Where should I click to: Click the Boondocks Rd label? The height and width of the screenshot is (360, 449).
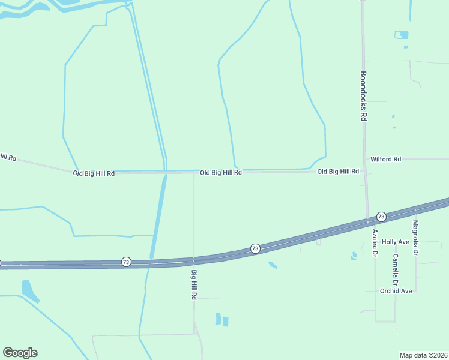pos(363,97)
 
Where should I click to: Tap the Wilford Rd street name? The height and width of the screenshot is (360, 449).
pos(385,159)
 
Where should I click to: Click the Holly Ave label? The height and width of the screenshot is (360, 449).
pos(395,242)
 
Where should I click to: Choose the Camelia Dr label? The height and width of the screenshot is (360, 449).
pos(396,269)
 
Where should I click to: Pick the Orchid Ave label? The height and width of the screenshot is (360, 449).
pos(396,291)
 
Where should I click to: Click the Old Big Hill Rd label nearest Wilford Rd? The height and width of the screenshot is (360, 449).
pos(338,172)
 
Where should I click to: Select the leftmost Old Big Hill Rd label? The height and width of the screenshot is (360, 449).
pos(94,173)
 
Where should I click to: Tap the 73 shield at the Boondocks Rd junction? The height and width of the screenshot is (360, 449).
pos(381,216)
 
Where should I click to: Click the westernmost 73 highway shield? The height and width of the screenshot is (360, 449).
pos(126,262)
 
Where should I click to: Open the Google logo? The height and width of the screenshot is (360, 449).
pos(20,353)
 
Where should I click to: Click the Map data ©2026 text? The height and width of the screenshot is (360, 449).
pos(424,355)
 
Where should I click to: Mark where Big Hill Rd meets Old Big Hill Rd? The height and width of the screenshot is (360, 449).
pos(193,173)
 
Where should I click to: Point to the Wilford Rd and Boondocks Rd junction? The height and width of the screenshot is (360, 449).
pos(366,159)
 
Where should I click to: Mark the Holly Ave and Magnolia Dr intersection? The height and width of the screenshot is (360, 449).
pos(415,242)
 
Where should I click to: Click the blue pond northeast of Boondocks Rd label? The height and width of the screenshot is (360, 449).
pos(401,35)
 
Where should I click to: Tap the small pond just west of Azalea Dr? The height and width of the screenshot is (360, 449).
pos(354,256)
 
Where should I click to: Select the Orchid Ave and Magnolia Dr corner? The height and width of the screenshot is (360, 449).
pos(415,291)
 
